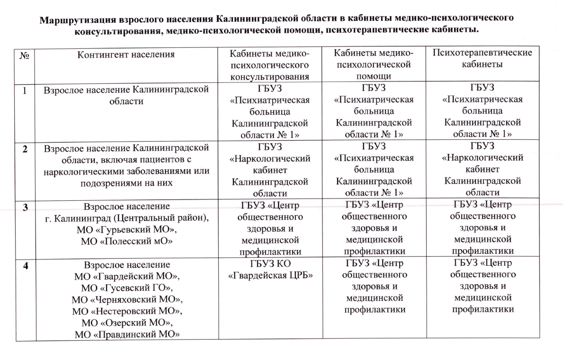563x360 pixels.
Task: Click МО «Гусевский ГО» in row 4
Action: click(x=126, y=288)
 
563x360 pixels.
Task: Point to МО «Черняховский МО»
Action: click(x=126, y=299)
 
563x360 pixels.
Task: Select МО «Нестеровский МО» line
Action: click(x=126, y=311)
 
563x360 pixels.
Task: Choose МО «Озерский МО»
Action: click(x=126, y=323)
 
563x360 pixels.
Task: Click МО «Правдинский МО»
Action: click(x=126, y=335)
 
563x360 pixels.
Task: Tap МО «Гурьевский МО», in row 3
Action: click(x=126, y=230)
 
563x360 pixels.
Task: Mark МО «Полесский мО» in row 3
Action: click(x=126, y=242)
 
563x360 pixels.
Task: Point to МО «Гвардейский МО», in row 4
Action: click(x=126, y=276)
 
